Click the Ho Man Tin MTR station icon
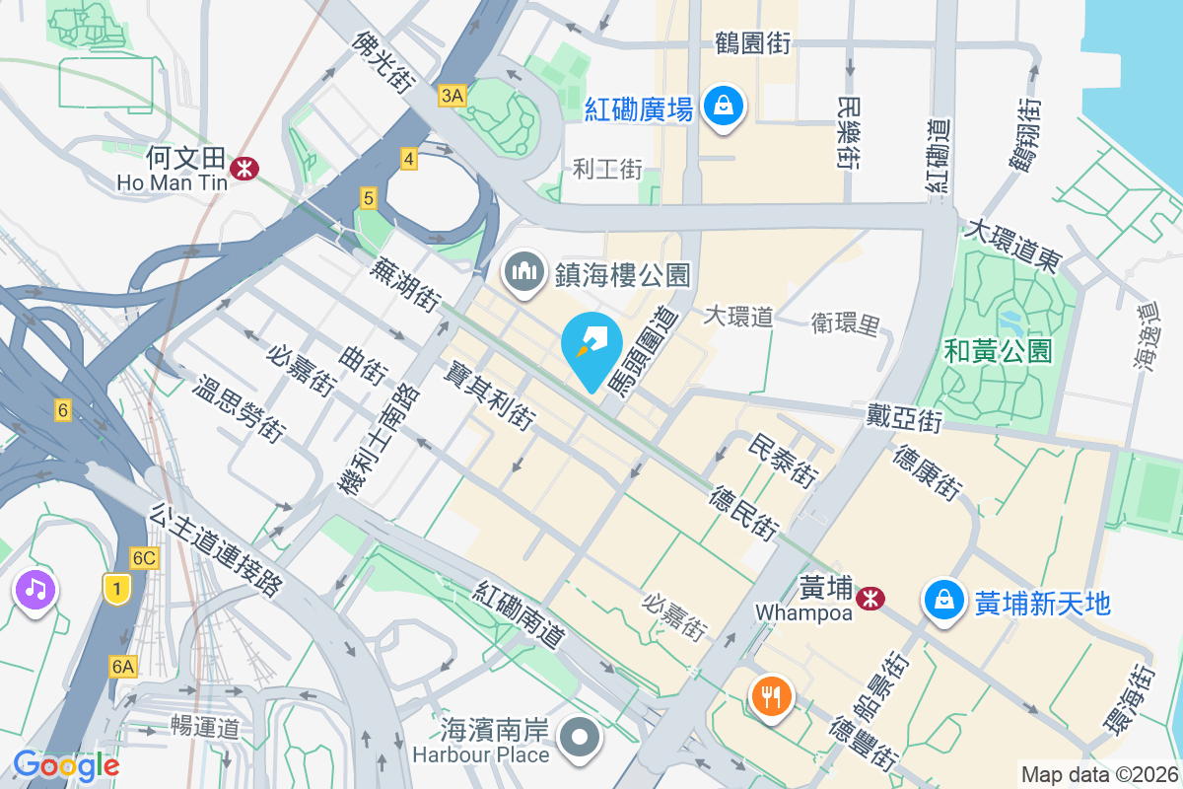[x=244, y=170]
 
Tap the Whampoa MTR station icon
[x=870, y=598]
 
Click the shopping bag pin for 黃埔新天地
[x=944, y=600]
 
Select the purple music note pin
[x=35, y=591]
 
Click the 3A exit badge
[x=452, y=95]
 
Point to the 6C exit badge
[x=144, y=558]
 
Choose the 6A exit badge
[x=122, y=667]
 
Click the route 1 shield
[x=117, y=589]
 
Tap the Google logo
[x=66, y=764]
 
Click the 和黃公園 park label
[x=997, y=350]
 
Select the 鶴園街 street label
[x=753, y=43]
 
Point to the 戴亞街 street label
[x=904, y=418]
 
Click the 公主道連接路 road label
[x=217, y=551]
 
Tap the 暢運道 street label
[x=205, y=728]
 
